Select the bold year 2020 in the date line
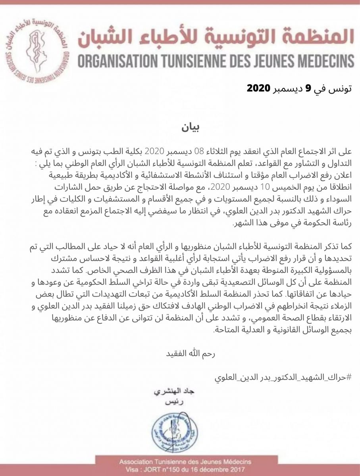pos(259,88)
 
